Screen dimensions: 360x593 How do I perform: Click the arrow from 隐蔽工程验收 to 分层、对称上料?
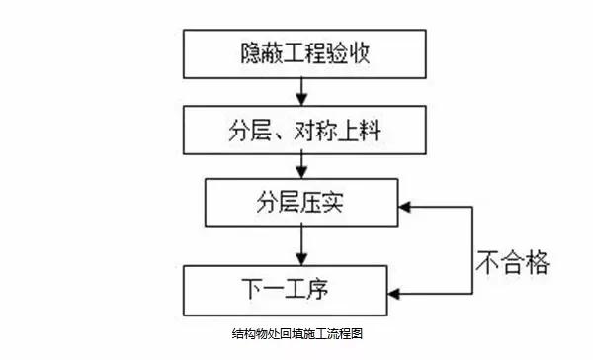[299, 91]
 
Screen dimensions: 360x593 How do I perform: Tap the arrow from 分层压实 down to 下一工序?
[299, 246]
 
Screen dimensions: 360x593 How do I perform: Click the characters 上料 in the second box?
[351, 130]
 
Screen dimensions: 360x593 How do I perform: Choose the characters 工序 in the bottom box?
[322, 288]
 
